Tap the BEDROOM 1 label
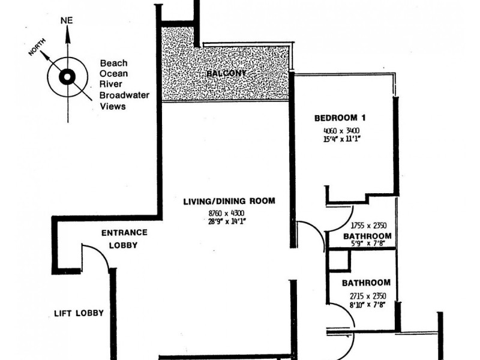click(x=340, y=118)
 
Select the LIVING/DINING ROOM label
click(x=229, y=201)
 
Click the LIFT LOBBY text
click(x=79, y=313)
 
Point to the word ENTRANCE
click(x=124, y=233)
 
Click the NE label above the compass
click(x=67, y=20)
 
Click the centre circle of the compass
click(x=67, y=77)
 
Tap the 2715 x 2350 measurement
click(x=366, y=296)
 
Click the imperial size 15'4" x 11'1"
click(x=340, y=139)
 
